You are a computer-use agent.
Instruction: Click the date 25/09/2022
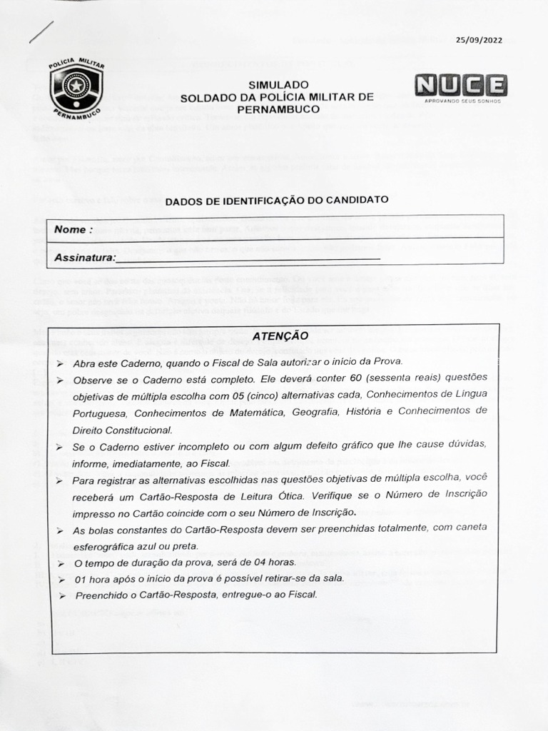(479, 40)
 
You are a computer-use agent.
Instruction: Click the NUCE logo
(461, 86)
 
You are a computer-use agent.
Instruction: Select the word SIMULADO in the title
(278, 84)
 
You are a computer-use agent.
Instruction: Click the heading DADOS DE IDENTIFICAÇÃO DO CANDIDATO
(277, 201)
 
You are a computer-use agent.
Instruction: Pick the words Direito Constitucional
(122, 430)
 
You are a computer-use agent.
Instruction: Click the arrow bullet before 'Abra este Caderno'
(60, 363)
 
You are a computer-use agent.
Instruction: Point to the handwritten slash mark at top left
(41, 32)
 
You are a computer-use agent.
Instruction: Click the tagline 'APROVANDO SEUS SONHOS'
(462, 101)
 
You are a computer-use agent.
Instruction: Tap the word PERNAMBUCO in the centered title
(278, 110)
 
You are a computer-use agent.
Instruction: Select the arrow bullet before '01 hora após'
(61, 579)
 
